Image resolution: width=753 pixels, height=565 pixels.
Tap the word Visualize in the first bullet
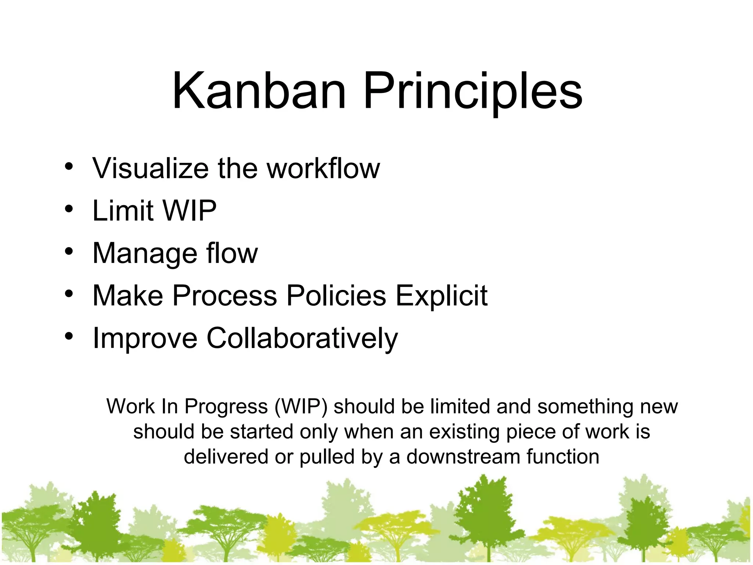(150, 168)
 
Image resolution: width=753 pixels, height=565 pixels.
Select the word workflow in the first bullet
(323, 168)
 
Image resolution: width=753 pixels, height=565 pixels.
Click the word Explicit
(441, 296)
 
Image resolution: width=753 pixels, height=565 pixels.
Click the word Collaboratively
(302, 338)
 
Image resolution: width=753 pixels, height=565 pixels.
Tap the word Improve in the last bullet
(145, 339)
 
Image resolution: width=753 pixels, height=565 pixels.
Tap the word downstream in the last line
(463, 456)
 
